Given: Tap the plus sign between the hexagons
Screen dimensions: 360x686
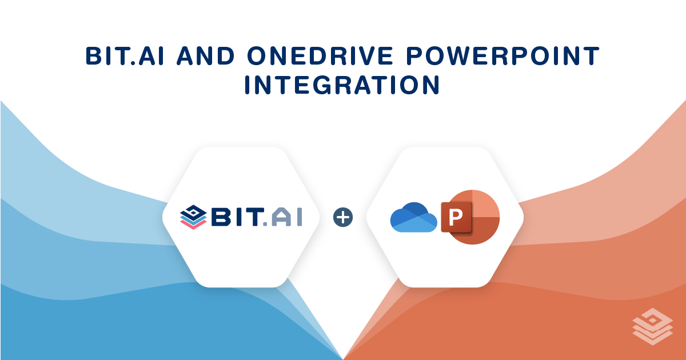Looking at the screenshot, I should [x=343, y=217].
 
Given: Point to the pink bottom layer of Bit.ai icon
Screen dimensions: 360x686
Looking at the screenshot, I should [x=193, y=225].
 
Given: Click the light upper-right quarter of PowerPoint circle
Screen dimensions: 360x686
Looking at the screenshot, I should [x=486, y=203].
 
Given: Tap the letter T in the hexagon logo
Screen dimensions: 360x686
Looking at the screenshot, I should [x=256, y=218].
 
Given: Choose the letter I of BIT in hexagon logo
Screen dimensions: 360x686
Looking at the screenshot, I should [x=238, y=218].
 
